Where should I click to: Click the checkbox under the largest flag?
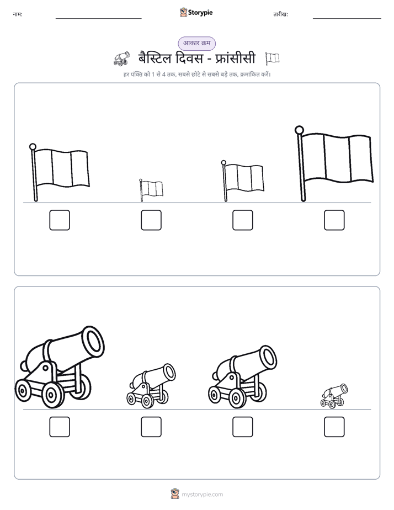334,220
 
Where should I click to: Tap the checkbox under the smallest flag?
151,220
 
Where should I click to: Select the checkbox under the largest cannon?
60,427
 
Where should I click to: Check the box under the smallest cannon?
334,427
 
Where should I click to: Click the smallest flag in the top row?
151,190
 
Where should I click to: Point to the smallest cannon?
334,396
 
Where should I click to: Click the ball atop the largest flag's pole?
299,130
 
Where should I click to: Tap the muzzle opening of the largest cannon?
93,339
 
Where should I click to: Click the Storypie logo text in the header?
200,13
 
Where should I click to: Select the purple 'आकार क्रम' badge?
196,43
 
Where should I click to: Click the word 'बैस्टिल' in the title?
155,59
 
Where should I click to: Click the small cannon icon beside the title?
121,59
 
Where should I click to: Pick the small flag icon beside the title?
272,59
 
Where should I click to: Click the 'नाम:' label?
18,14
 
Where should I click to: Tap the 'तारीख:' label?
280,14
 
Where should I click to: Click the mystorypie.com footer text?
202,495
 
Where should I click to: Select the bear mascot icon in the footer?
175,494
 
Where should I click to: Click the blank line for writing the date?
347,19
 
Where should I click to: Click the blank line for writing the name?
98,19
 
